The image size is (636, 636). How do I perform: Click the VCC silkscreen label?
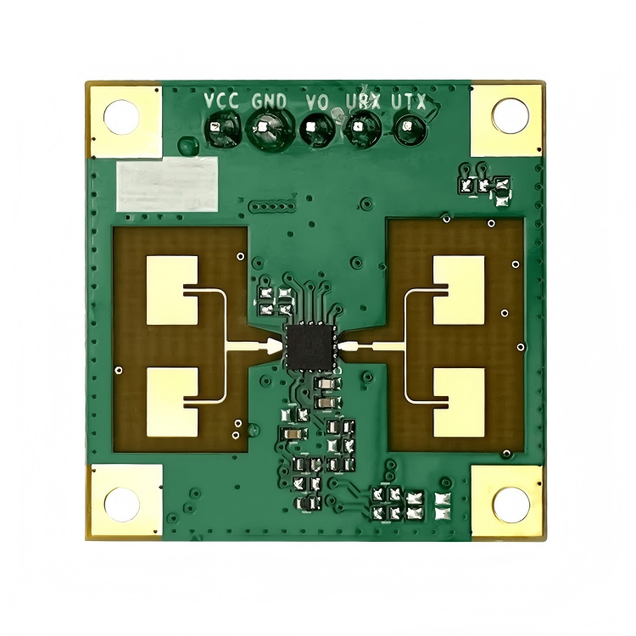click(221, 101)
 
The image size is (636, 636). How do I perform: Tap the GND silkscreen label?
click(269, 102)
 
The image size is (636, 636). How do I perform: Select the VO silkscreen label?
click(317, 103)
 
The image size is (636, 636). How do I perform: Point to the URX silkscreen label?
click(364, 102)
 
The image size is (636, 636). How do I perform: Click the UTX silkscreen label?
click(409, 102)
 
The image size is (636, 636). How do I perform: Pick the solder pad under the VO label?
click(317, 129)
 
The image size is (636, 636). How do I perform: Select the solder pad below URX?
click(363, 128)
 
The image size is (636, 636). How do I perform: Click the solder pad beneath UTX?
click(410, 128)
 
